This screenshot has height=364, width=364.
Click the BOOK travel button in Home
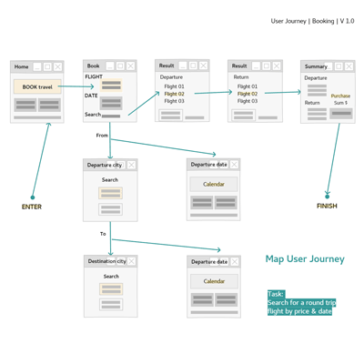tap(37, 87)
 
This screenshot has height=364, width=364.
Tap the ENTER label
tap(32, 207)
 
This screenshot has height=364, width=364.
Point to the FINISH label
tap(327, 207)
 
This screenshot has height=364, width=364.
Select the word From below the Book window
tap(102, 135)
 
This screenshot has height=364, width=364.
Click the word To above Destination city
tap(103, 234)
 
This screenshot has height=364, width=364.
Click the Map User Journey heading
tap(305, 258)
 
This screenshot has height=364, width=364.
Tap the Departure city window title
tap(105, 165)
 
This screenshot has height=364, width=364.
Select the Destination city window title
tap(106, 261)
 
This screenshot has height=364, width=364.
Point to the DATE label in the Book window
tap(91, 95)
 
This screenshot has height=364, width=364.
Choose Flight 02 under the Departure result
tap(174, 94)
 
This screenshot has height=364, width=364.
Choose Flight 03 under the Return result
tap(248, 101)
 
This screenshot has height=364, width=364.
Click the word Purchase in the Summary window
tap(340, 96)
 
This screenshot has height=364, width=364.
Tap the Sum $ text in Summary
tap(340, 104)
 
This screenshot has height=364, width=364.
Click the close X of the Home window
tap(58, 66)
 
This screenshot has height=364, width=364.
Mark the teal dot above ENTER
tap(33, 197)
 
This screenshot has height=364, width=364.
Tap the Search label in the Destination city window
tap(110, 276)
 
